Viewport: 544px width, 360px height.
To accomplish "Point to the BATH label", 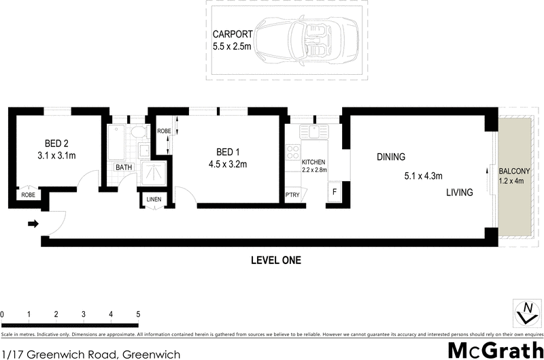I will tap(123, 167).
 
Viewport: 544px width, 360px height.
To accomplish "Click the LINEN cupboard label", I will tap(154, 199).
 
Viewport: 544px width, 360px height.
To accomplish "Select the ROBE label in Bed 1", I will tap(164, 131).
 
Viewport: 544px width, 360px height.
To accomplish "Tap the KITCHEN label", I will tap(314, 162).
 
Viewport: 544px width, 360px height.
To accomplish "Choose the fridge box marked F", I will tap(335, 193).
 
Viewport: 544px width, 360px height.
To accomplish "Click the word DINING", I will tap(391, 157).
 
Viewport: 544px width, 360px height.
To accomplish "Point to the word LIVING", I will tap(459, 193).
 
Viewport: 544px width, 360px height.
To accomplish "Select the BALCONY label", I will tap(515, 171).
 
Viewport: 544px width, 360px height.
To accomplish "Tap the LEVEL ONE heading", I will tap(275, 260).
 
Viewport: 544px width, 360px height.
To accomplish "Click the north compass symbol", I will tap(525, 314).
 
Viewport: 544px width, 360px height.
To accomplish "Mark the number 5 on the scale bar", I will tap(138, 314).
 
